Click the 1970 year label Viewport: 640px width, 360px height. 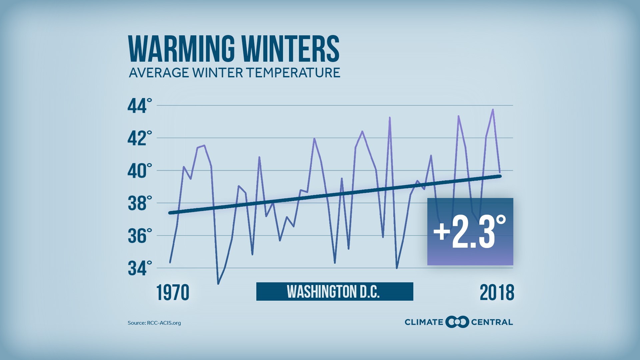[x=173, y=293]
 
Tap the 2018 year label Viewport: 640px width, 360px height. [x=497, y=293]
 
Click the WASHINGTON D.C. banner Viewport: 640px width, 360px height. [x=334, y=292]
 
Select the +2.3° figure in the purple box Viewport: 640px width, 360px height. [x=470, y=232]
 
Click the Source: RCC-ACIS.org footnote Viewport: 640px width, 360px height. [x=154, y=323]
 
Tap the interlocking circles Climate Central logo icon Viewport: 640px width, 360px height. [x=457, y=322]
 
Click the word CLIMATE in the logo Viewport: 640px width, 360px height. [x=424, y=322]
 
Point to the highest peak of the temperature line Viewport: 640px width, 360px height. [x=493, y=110]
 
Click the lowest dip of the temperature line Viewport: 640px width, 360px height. [x=218, y=284]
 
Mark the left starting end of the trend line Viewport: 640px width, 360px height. [x=170, y=213]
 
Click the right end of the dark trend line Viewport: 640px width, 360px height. [x=500, y=176]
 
